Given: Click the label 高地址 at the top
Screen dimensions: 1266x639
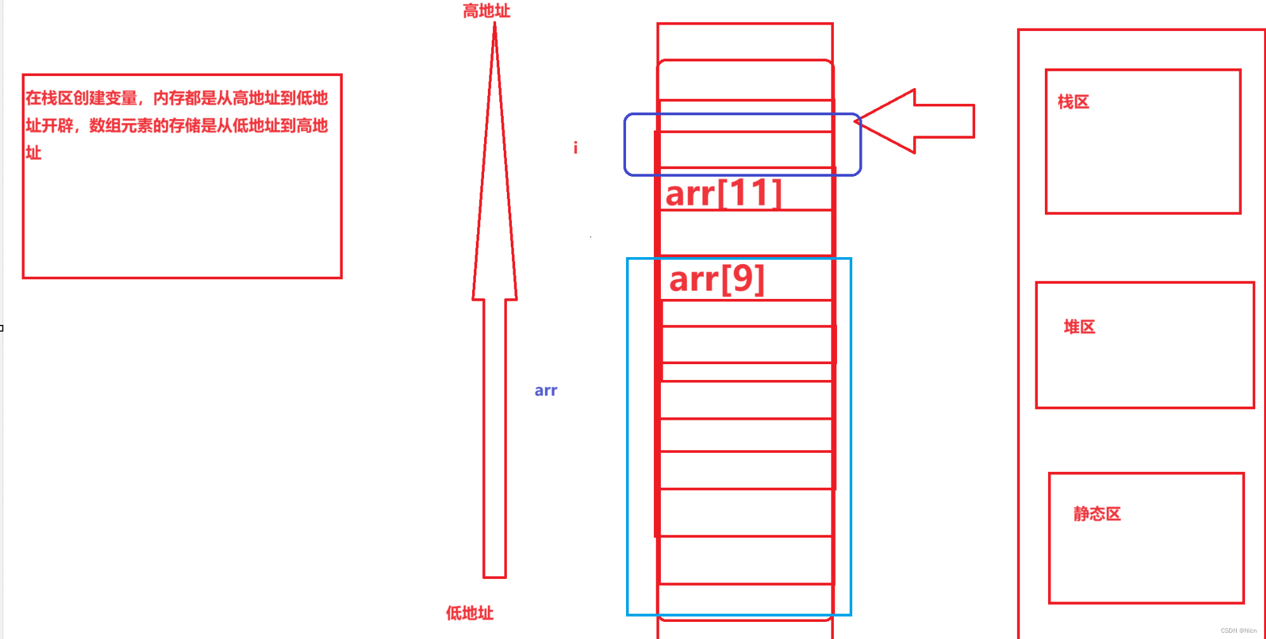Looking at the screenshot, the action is point(486,11).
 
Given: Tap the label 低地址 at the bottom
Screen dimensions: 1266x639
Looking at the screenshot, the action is point(470,612).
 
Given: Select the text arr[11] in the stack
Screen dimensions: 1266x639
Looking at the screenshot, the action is point(724,193).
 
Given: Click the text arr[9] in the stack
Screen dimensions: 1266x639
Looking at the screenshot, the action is point(717,279).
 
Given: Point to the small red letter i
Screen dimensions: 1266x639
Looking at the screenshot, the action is point(575,148).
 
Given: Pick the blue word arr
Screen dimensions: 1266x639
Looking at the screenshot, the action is point(546,391).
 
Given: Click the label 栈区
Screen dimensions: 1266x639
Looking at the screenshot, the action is point(1073,102).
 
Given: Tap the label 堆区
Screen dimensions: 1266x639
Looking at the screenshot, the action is point(1079,327).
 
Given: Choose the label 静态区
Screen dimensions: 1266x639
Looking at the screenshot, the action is point(1097,514).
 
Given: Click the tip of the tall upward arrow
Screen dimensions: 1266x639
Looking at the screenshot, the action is point(495,27).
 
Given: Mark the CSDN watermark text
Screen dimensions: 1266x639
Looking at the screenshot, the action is point(1238,631).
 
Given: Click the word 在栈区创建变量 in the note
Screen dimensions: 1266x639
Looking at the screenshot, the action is point(81,98).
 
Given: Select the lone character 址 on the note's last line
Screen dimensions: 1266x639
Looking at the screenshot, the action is point(34,153).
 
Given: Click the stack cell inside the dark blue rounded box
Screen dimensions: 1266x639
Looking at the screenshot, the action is point(745,149).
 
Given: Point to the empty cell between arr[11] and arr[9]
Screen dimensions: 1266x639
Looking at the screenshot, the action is point(745,233).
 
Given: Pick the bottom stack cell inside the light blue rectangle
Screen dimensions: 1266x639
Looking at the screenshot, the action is point(745,598).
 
